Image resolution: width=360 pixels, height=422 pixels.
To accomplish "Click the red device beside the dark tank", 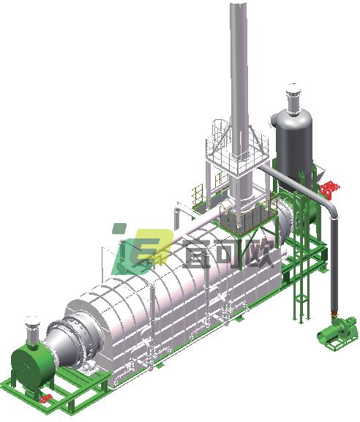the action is [329, 188].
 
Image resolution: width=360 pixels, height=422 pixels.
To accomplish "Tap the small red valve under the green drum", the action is [46, 398].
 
